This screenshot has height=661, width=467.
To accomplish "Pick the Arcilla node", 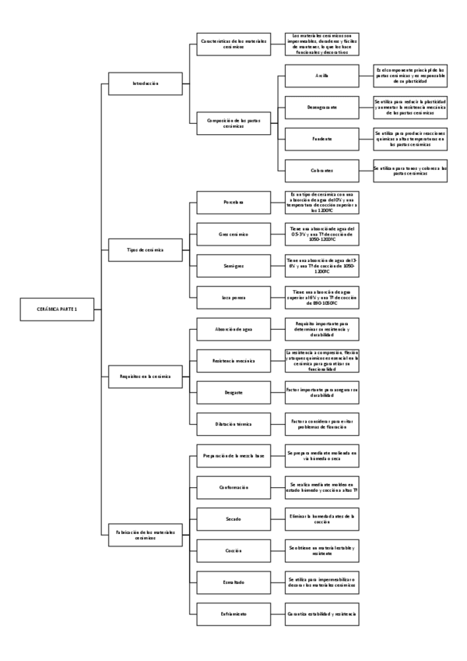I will pos(319,76).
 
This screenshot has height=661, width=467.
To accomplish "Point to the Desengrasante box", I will pos(319,105).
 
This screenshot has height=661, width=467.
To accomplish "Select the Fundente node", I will pos(319,139).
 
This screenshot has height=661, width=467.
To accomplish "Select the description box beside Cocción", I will pos(321,550).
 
